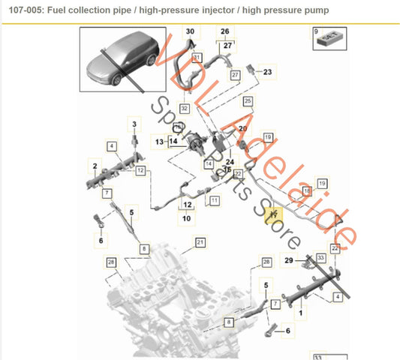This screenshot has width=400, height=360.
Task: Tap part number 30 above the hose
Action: (190, 31)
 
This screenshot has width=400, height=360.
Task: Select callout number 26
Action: (224, 31)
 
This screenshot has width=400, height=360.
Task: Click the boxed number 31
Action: (197, 57)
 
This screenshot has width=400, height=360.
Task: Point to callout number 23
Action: (269, 71)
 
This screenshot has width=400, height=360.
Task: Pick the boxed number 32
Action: (184, 108)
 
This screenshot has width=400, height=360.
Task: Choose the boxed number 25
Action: (248, 100)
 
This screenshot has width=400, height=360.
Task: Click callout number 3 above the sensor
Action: (135, 121)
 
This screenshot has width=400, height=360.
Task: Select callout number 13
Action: (160, 140)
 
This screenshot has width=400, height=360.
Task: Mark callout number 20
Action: (242, 129)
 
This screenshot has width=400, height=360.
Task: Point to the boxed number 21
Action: (200, 241)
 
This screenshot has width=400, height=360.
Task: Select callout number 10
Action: (186, 218)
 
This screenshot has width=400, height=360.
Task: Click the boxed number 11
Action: (214, 200)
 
